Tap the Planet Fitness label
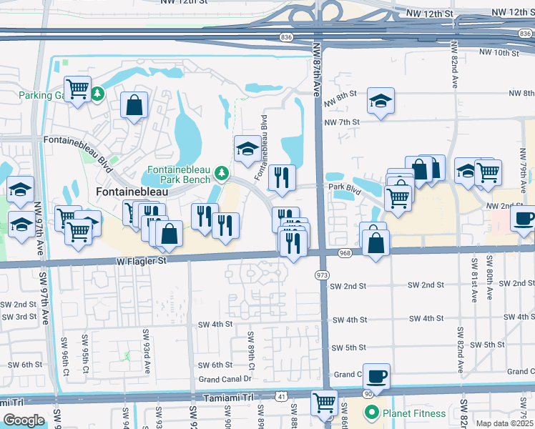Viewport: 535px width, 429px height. tap(413, 413)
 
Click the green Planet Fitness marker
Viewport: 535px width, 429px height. tap(371, 413)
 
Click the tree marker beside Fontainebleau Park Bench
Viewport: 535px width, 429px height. tap(222, 173)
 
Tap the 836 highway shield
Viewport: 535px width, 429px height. tap(286, 36)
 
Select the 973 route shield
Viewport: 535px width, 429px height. tap(321, 275)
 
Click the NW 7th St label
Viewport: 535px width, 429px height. tap(340, 123)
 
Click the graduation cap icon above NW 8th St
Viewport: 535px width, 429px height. tap(381, 101)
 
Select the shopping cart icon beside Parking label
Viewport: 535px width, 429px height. tap(78, 89)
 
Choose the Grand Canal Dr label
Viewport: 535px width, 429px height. tap(225, 379)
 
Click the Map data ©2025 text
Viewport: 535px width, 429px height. tap(504, 423)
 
